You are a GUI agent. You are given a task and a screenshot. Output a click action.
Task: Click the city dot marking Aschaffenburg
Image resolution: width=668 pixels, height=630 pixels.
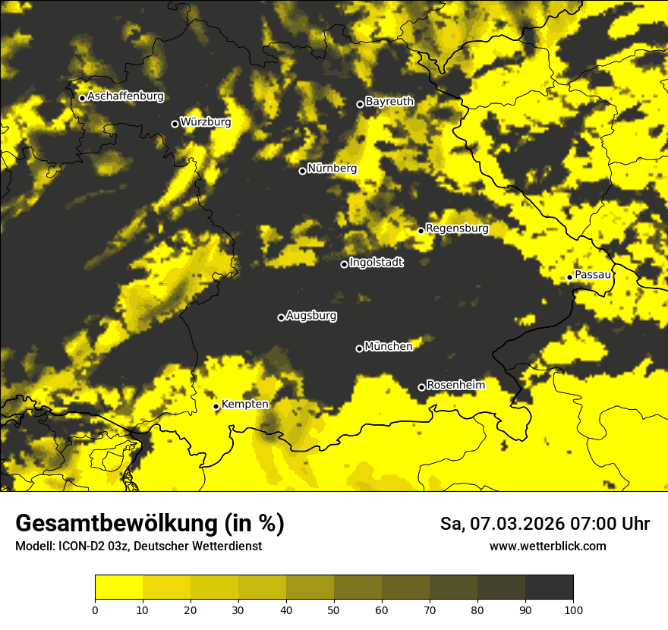click(82, 98)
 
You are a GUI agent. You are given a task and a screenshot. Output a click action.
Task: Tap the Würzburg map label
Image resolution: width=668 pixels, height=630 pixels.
click(205, 122)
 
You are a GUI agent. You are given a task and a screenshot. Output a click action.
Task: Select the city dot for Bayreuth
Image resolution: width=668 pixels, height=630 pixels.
click(360, 105)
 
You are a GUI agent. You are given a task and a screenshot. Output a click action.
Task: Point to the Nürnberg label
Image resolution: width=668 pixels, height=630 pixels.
click(332, 169)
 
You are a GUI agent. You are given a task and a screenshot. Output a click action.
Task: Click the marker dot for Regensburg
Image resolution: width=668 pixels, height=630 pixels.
click(421, 231)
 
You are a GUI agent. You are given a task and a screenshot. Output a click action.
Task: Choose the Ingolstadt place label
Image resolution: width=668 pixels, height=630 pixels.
click(376, 263)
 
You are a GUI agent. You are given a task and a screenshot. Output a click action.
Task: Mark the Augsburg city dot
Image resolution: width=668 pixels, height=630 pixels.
click(281, 318)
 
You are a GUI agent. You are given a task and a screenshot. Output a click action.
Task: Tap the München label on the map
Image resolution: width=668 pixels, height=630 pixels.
click(388, 347)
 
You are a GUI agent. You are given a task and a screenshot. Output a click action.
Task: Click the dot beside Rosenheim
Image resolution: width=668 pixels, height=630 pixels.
click(421, 388)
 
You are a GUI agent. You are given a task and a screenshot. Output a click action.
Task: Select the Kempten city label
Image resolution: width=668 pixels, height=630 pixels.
click(244, 405)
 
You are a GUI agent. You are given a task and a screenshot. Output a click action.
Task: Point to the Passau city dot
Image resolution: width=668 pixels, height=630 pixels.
click(569, 277)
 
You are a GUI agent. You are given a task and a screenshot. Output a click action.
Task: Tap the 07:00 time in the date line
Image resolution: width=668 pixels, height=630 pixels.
click(584, 524)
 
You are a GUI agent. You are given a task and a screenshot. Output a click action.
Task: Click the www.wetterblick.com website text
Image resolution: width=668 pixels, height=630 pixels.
click(548, 547)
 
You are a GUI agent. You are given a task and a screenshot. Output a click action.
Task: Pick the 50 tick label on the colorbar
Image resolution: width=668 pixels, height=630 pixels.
click(334, 610)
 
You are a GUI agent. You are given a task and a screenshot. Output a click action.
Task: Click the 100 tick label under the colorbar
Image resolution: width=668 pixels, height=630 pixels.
click(573, 610)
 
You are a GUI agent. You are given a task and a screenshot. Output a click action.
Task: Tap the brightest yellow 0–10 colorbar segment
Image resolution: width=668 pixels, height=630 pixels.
click(118, 587)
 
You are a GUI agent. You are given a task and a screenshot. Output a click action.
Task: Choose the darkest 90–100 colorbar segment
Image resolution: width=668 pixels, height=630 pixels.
click(549, 587)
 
